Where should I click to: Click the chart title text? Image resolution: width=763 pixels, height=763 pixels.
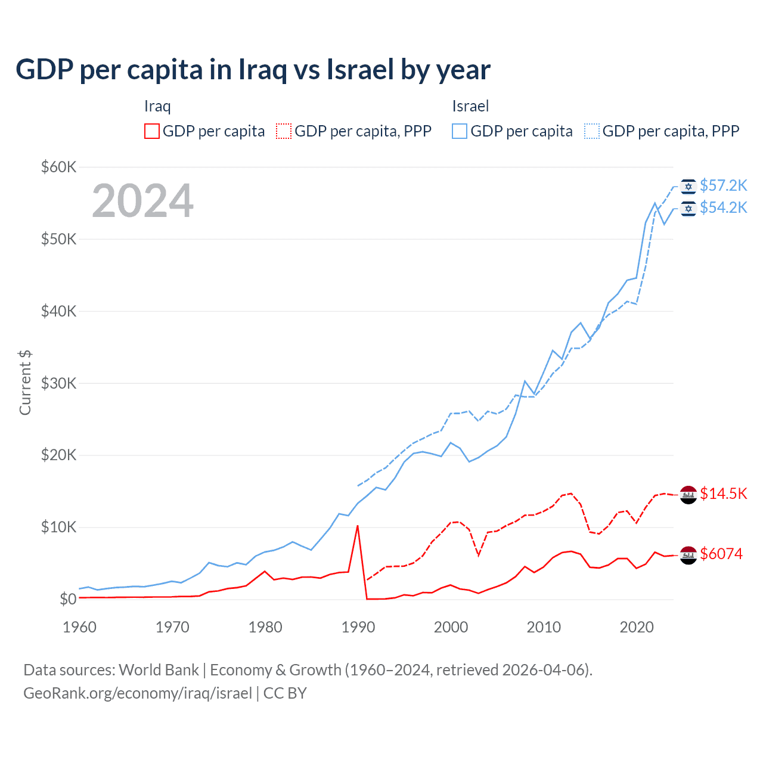pos(253,70)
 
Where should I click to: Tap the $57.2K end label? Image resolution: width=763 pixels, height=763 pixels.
pos(723,186)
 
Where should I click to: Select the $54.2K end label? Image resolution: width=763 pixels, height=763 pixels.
pos(723,207)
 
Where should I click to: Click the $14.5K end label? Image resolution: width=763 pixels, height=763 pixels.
pos(723,494)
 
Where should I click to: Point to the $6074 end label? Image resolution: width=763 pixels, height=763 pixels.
pos(721,554)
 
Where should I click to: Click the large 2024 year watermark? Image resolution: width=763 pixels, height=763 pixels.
pos(142,201)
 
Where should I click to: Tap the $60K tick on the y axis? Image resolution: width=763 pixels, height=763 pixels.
pos(58,167)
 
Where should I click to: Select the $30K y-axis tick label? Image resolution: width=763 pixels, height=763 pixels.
pos(58,383)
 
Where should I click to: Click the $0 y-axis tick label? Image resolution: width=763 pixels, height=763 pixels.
pos(67,599)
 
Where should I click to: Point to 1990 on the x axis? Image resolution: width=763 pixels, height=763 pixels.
pos(358,627)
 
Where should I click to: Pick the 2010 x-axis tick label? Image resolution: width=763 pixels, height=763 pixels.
pos(544,627)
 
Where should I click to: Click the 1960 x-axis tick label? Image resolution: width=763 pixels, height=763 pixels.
pos(80,627)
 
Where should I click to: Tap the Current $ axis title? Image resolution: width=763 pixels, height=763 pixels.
pos(25,383)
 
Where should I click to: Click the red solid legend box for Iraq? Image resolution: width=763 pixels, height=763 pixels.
pos(152,131)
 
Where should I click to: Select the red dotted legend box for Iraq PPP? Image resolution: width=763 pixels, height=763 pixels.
pos(284,131)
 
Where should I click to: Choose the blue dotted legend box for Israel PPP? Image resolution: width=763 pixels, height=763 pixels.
pos(592,131)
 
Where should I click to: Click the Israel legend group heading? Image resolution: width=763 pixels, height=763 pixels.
pos(470,106)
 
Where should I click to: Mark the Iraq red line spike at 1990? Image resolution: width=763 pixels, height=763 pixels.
pos(357,526)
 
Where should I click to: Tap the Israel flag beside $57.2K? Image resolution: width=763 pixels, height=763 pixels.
pos(688,186)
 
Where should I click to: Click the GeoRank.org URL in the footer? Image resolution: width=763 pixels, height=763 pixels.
pos(138,693)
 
